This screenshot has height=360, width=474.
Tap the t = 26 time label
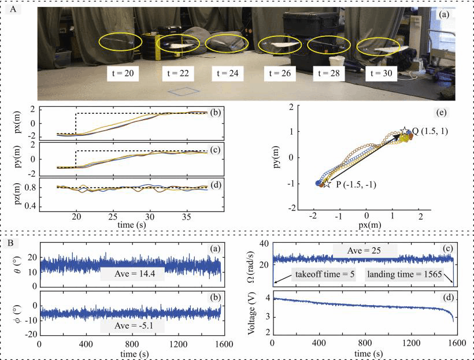279,73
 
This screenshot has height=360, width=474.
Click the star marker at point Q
405,132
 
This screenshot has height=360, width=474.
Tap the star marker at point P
327,183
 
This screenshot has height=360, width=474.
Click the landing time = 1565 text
404,272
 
